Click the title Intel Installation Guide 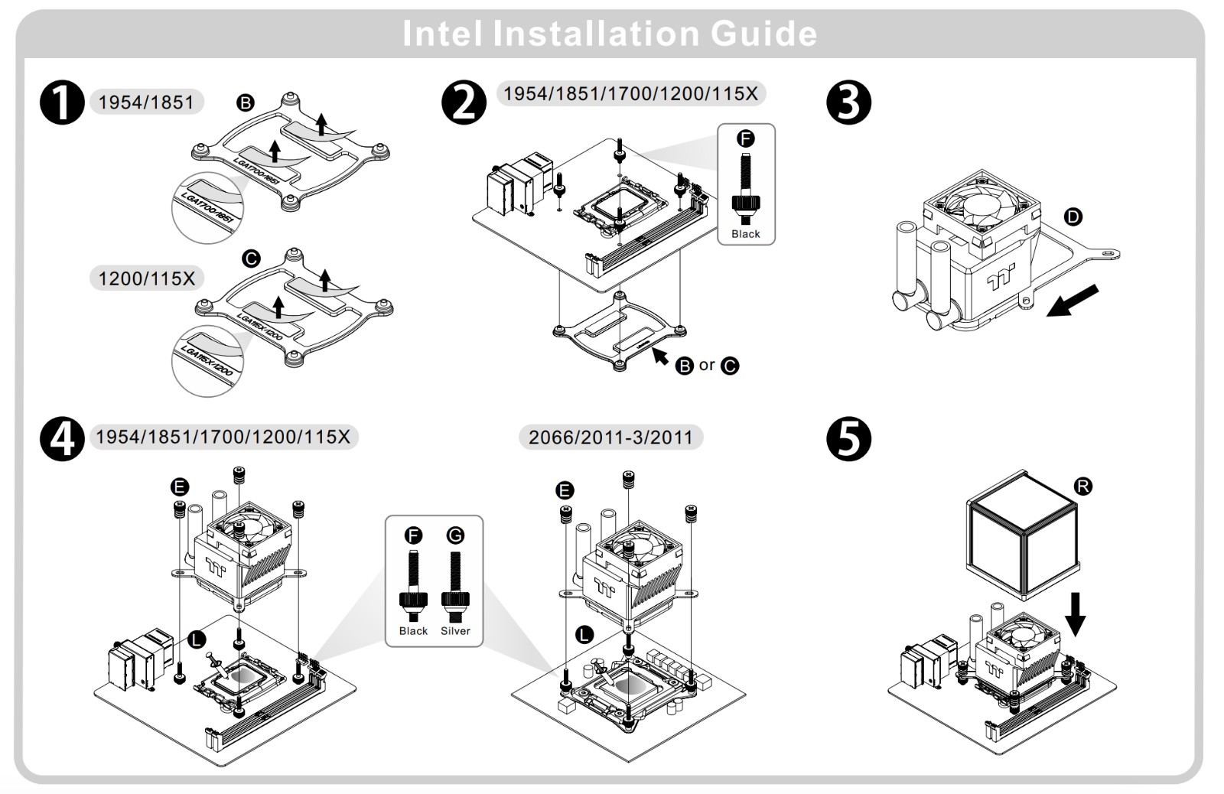(x=610, y=34)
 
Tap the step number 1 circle (x=62, y=103)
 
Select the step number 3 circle (x=849, y=103)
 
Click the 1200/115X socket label (x=147, y=278)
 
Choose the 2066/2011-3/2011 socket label (x=610, y=438)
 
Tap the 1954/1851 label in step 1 (x=146, y=102)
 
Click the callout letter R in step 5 (x=1083, y=486)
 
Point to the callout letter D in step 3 (x=1073, y=217)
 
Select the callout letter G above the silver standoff (x=455, y=535)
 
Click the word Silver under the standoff (x=455, y=631)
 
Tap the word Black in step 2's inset (x=746, y=234)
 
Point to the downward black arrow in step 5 (x=1075, y=613)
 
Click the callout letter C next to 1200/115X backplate (x=251, y=259)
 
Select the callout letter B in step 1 (x=246, y=103)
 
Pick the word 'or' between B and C (x=707, y=366)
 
